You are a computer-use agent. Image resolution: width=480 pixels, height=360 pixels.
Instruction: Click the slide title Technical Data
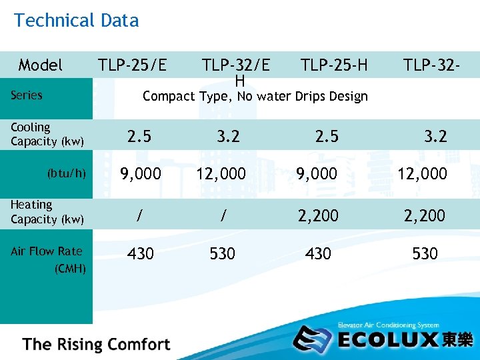(x=76, y=21)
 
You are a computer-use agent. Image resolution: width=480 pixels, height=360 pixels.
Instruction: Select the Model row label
(x=41, y=65)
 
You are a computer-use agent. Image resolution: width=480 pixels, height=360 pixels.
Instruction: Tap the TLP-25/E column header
(x=133, y=65)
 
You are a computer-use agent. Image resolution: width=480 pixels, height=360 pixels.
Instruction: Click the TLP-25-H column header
(x=334, y=65)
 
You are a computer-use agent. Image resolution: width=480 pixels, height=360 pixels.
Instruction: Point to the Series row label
(x=27, y=95)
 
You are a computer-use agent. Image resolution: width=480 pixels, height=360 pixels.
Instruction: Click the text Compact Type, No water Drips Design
(x=255, y=97)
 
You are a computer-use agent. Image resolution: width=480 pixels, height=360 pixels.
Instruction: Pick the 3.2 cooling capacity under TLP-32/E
(x=227, y=136)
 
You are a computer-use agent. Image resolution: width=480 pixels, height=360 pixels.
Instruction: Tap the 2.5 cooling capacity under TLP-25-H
(x=327, y=136)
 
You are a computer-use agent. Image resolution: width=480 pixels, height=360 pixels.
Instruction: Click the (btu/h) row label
(x=66, y=173)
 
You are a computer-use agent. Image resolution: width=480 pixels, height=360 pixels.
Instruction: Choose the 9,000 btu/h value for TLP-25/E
(x=140, y=174)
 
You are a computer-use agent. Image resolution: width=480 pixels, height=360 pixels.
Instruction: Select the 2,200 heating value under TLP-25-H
(x=318, y=215)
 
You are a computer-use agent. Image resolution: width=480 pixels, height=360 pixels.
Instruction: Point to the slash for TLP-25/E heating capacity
(x=139, y=215)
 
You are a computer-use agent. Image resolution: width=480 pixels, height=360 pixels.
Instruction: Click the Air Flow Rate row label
(x=47, y=251)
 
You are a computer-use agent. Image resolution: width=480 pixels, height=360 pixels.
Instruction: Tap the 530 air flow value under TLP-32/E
(x=222, y=253)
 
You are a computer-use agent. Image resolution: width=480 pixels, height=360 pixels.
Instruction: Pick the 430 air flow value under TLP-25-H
(x=318, y=253)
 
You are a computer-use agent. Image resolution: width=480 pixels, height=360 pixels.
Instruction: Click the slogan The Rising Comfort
(x=97, y=345)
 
